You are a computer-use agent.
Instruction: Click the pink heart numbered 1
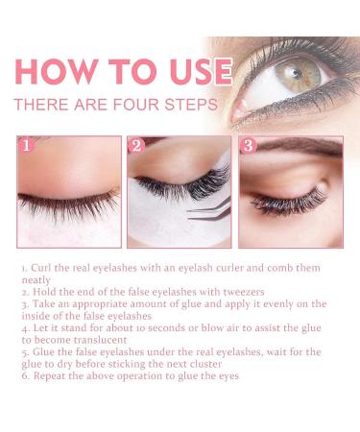pyautogui.click(x=27, y=147)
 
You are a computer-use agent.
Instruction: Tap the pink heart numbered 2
pyautogui.click(x=136, y=147)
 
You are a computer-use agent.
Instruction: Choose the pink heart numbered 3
pyautogui.click(x=248, y=147)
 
